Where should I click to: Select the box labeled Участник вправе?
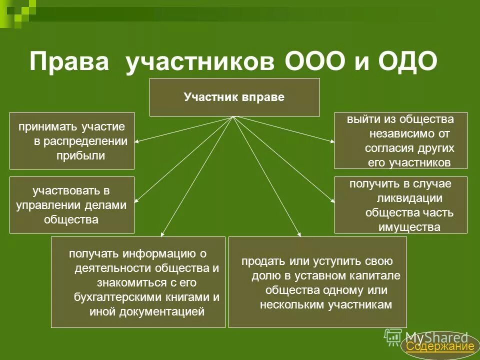pyautogui.click(x=234, y=97)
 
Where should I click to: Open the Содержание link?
pyautogui.click(x=439, y=346)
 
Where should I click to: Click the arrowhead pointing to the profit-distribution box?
pyautogui.click(x=136, y=142)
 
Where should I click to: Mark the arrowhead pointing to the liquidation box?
pyautogui.click(x=332, y=201)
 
